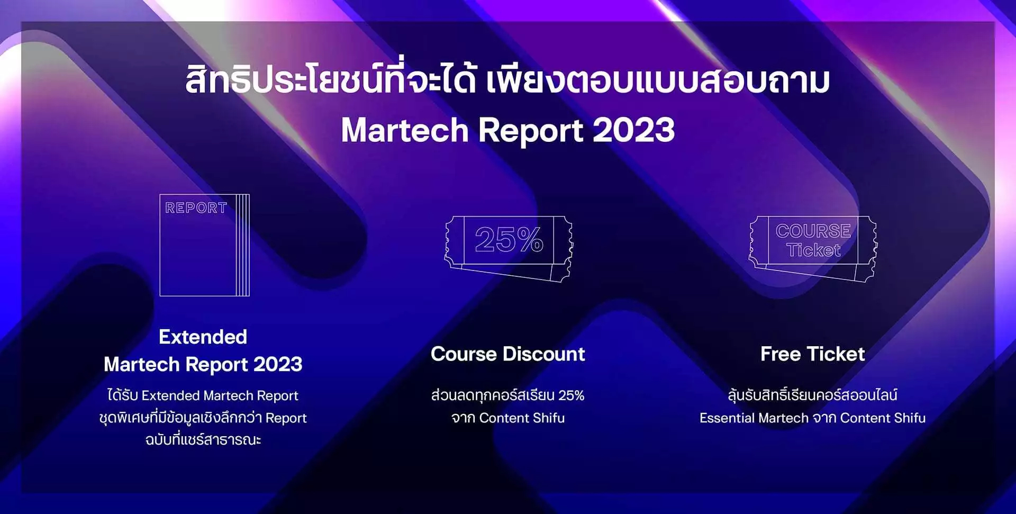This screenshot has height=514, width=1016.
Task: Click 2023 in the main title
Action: (x=633, y=130)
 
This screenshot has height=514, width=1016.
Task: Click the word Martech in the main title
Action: (x=405, y=130)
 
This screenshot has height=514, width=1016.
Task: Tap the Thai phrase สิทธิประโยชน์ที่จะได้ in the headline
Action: (x=331, y=81)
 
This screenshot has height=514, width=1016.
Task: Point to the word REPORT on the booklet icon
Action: (x=196, y=208)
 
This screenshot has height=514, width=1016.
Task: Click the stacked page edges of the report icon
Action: (x=243, y=245)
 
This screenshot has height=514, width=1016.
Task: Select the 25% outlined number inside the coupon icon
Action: (x=509, y=239)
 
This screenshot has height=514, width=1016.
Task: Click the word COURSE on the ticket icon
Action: (x=813, y=231)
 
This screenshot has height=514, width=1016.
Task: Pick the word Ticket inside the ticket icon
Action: (x=813, y=250)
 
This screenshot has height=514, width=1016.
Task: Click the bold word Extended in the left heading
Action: (x=203, y=337)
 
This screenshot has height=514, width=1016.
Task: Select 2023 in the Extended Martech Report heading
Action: (x=278, y=365)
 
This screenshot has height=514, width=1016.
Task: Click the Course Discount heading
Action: (x=508, y=354)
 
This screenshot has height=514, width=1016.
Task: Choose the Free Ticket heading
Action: (x=812, y=354)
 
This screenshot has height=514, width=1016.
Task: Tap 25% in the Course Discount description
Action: (x=571, y=395)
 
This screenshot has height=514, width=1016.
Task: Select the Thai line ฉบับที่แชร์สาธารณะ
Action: (x=203, y=440)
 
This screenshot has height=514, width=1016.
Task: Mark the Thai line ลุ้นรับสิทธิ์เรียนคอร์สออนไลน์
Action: (x=812, y=395)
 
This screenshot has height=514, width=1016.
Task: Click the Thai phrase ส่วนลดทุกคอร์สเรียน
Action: (x=493, y=395)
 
